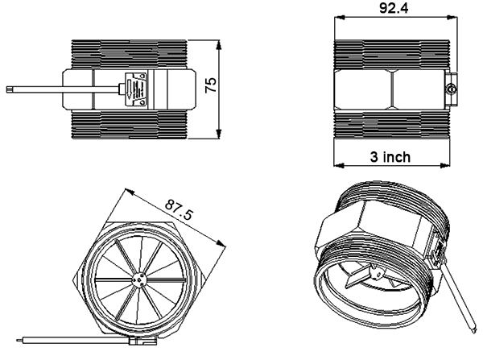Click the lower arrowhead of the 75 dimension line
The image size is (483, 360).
pos(220,134)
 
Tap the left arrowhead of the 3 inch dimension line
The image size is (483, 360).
pos(336,165)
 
